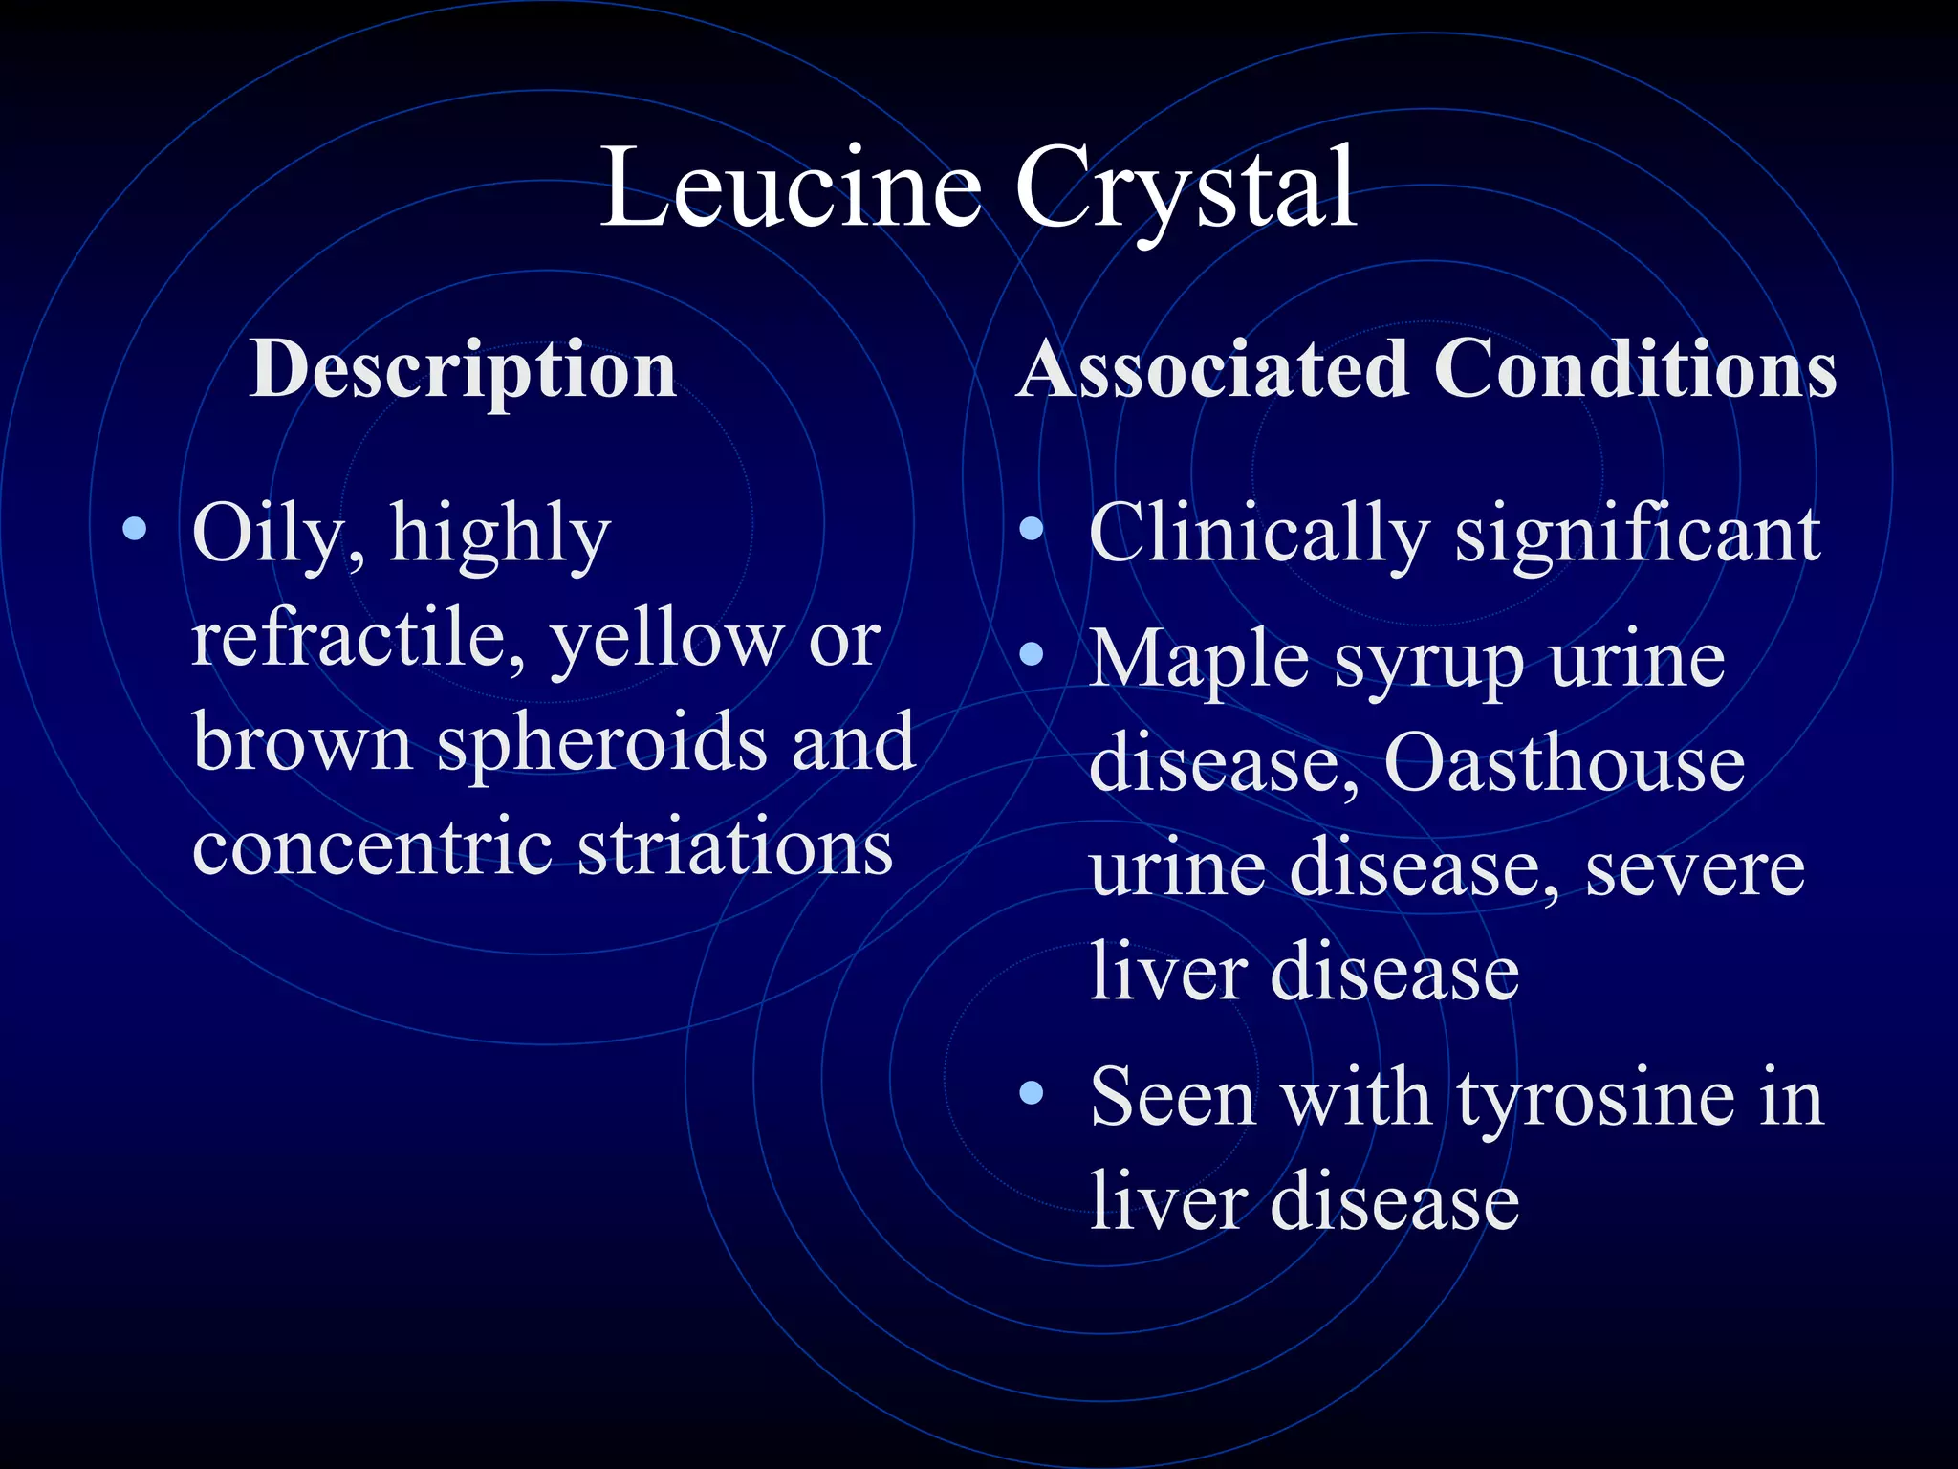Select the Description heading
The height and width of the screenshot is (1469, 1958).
[x=464, y=369]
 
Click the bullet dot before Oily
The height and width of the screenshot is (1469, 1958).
[x=135, y=528]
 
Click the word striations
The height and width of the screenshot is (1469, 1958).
[x=735, y=847]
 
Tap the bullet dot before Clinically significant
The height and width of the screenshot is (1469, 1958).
[x=1031, y=528]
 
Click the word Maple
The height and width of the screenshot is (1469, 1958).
[x=1199, y=660]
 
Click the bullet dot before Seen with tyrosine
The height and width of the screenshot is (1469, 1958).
[x=1031, y=1092]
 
